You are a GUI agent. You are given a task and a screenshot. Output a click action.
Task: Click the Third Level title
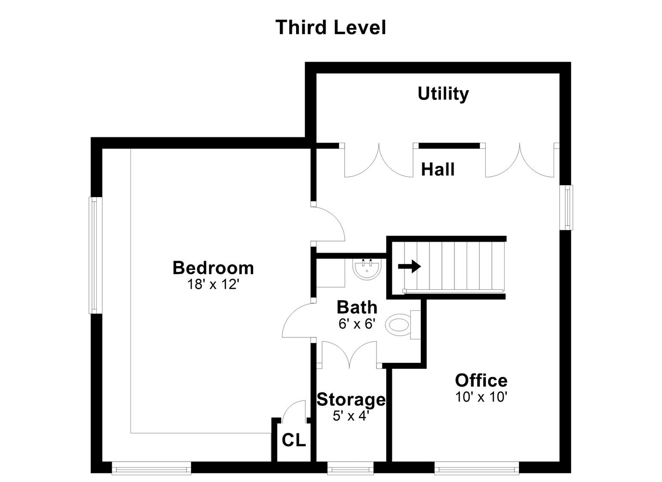331,27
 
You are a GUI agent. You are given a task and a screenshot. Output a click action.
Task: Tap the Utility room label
443,94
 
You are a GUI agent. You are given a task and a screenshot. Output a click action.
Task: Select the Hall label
438,170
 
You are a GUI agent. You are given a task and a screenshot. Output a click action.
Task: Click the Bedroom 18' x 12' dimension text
213,284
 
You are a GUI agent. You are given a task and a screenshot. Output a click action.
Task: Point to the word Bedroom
213,268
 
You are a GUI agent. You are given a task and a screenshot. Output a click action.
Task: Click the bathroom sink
366,269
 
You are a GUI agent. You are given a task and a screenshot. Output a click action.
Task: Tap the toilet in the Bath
403,325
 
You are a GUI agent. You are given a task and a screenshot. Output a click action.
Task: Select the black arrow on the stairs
409,266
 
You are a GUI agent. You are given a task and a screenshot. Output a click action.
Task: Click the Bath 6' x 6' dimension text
357,324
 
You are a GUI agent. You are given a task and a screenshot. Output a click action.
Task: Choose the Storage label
351,400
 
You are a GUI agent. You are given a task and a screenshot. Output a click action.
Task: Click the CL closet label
294,440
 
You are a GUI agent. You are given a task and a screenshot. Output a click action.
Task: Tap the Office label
481,380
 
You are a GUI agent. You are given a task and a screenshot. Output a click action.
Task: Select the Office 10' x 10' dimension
481,397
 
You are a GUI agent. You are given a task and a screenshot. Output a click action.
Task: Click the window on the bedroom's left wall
95,255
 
